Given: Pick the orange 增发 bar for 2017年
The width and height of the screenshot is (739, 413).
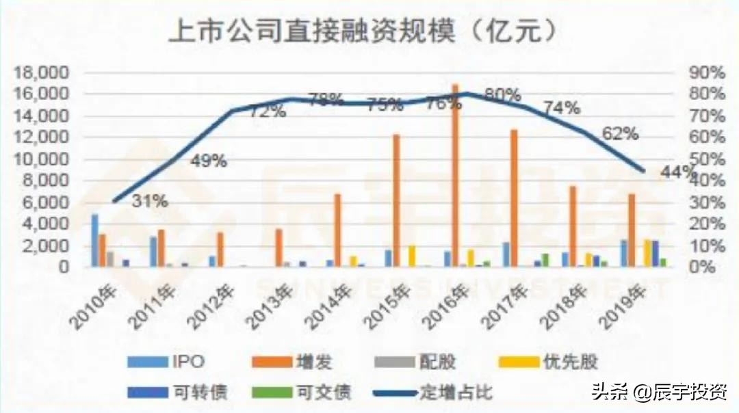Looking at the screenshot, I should pyautogui.click(x=514, y=198).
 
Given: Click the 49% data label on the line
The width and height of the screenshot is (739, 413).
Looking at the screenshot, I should pyautogui.click(x=209, y=162).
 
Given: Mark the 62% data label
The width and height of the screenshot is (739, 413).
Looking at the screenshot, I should pyautogui.click(x=621, y=135).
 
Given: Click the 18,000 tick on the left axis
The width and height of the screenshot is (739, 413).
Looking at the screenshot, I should pyautogui.click(x=42, y=72).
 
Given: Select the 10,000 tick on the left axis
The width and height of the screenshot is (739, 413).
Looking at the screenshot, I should pyautogui.click(x=42, y=159).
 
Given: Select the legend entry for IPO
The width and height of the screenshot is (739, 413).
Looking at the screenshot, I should pyautogui.click(x=174, y=361).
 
